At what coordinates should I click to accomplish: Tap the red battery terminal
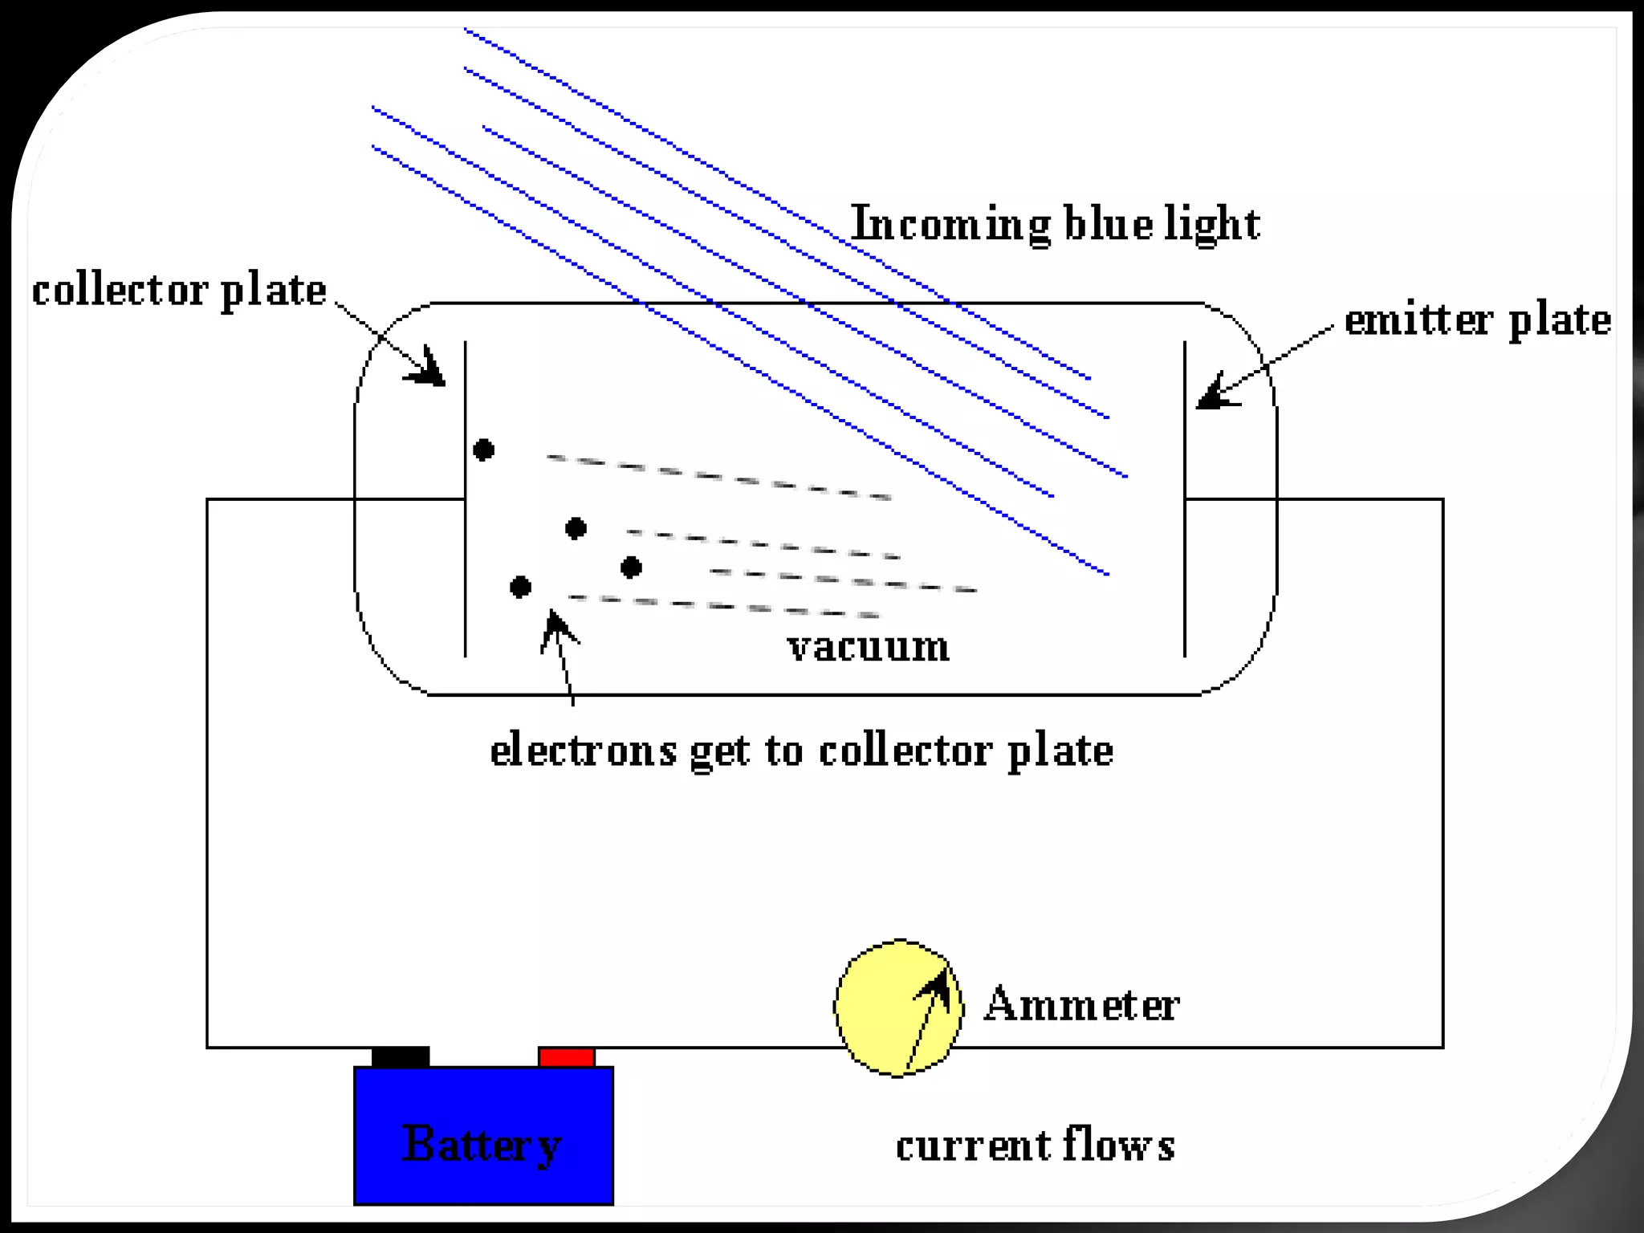pos(566,1056)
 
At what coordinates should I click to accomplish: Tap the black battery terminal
pos(400,1056)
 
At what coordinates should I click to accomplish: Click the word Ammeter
pos(1081,1005)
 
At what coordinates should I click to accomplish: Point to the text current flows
pos(1035,1145)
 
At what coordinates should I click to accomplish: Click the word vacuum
pos(869,647)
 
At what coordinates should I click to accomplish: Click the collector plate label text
pos(179,291)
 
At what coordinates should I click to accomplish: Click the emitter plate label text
pos(1477,319)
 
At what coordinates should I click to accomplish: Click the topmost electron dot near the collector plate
pos(483,450)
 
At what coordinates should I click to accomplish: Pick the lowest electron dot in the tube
pos(520,587)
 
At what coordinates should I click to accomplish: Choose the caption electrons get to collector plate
pos(801,751)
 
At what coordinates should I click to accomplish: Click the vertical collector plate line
pos(466,562)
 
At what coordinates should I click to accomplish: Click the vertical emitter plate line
pos(1185,562)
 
